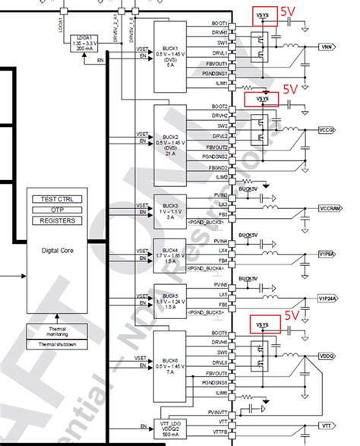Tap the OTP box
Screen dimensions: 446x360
pos(58,210)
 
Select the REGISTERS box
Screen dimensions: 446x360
pos(58,221)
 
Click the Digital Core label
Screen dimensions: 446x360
pos(57,249)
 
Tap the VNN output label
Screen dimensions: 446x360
pos(326,47)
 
